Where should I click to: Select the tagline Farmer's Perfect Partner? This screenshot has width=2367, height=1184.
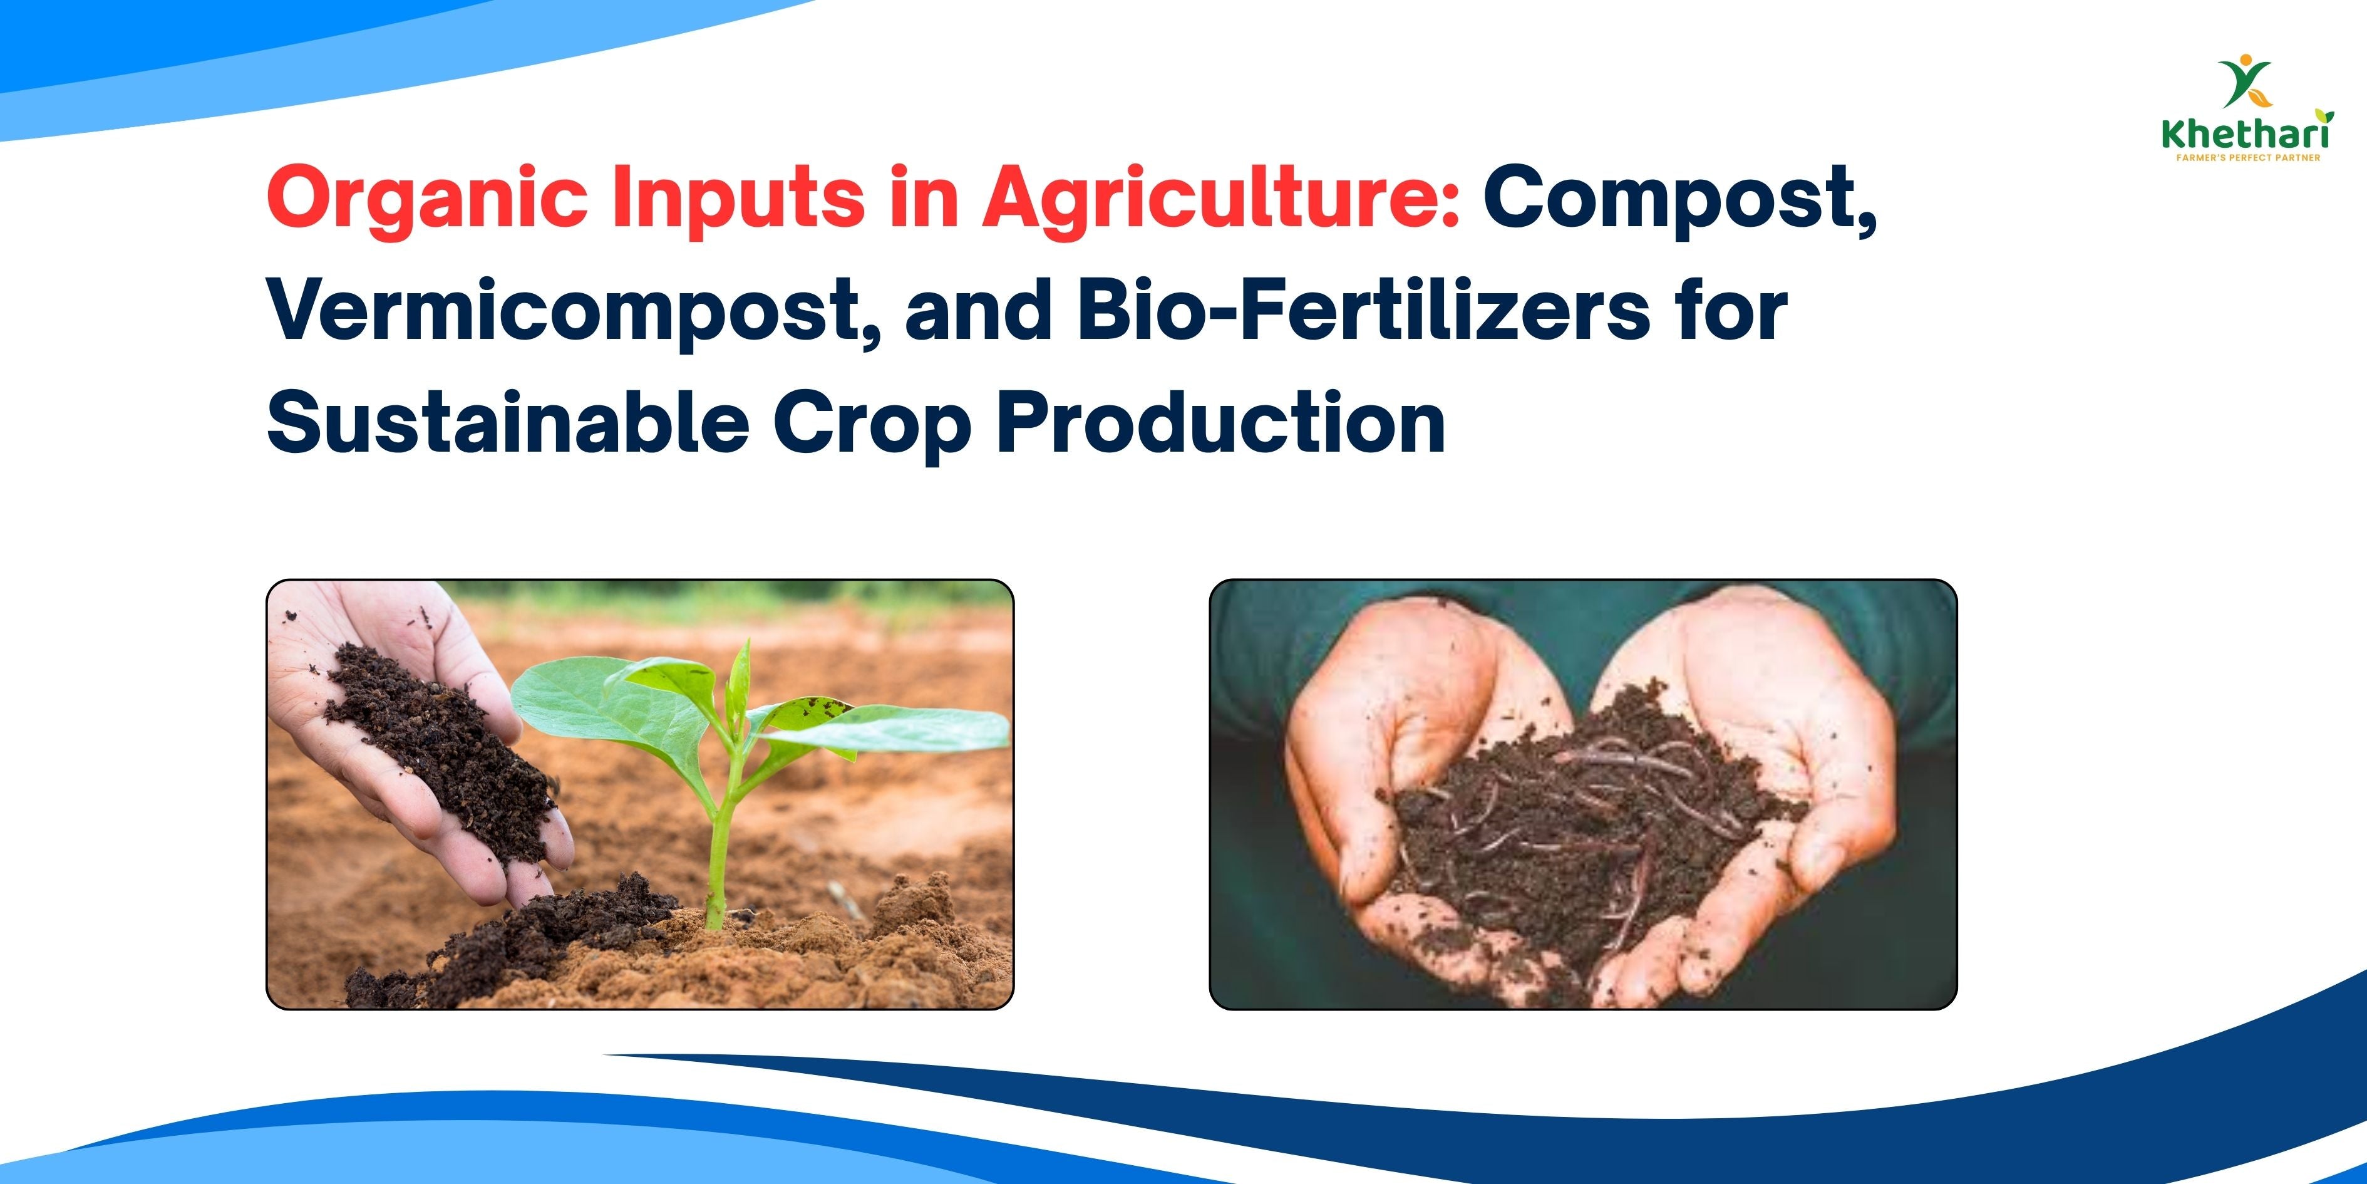2247,158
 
